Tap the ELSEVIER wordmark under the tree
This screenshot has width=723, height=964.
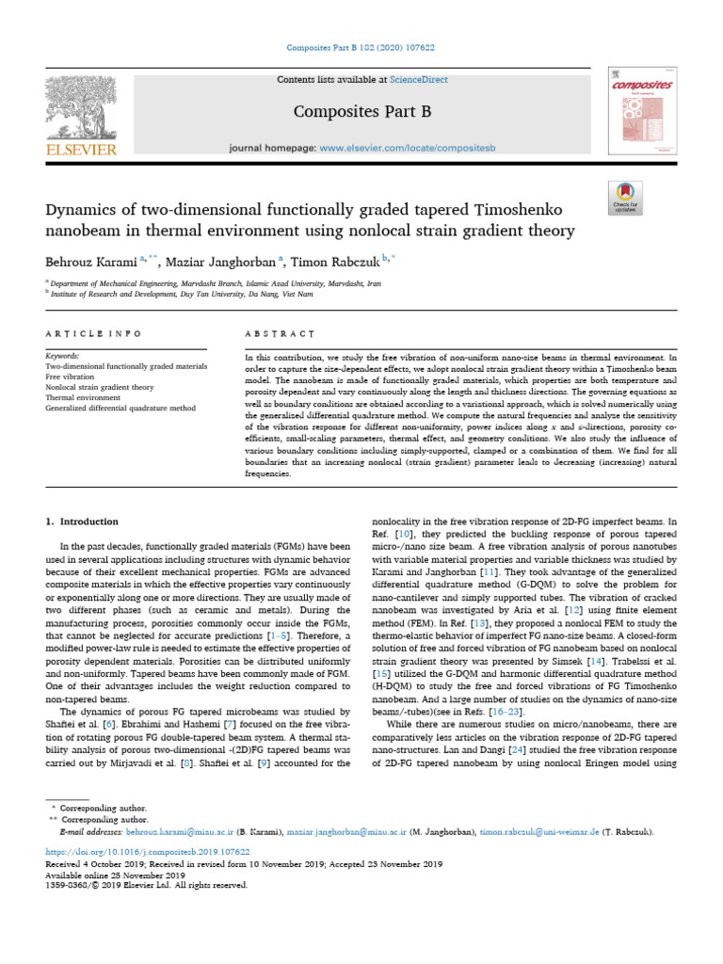pyautogui.click(x=80, y=150)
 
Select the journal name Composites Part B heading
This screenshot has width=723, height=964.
pyautogui.click(x=361, y=112)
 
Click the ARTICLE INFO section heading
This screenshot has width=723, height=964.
pyautogui.click(x=94, y=334)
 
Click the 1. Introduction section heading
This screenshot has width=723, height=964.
pyautogui.click(x=82, y=522)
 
